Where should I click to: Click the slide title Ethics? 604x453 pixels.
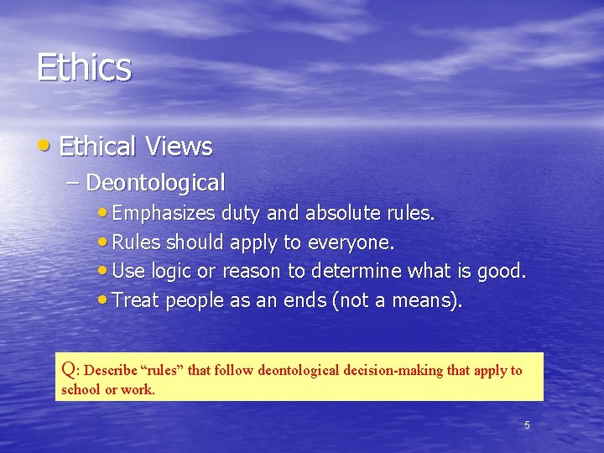click(x=84, y=67)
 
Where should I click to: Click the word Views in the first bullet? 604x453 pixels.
click(x=178, y=147)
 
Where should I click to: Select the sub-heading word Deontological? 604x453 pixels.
click(x=155, y=182)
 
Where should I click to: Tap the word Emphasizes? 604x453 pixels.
click(x=164, y=213)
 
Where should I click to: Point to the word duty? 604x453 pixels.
click(x=242, y=213)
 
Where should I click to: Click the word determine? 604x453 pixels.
click(x=357, y=271)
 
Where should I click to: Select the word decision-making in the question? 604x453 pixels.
click(x=402, y=370)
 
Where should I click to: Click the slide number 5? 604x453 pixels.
click(x=527, y=425)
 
